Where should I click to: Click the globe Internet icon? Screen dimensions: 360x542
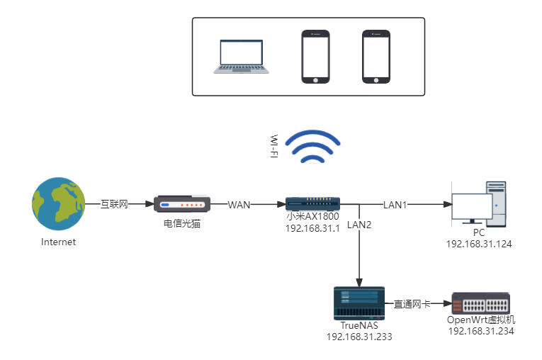click(x=58, y=204)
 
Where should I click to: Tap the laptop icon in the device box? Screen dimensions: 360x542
click(x=242, y=57)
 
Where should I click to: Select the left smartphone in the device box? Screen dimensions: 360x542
click(x=315, y=57)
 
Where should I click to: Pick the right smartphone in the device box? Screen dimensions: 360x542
click(x=376, y=57)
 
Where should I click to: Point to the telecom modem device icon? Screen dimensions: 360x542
click(x=182, y=205)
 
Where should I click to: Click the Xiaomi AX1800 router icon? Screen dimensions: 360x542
click(x=312, y=204)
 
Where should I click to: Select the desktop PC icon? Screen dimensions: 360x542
click(x=480, y=204)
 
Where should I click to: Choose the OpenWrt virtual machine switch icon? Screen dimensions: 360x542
click(x=480, y=303)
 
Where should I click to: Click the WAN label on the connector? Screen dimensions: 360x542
click(x=239, y=205)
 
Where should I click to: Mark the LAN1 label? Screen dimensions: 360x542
click(x=396, y=205)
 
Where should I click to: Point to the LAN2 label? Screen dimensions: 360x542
click(x=360, y=225)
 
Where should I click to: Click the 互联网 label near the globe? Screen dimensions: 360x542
click(x=113, y=204)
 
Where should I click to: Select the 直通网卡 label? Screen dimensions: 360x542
click(x=412, y=304)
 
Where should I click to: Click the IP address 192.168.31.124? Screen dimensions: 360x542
click(x=479, y=244)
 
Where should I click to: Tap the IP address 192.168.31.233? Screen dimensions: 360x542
click(x=358, y=337)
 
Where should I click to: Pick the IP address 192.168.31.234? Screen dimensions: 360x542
click(x=480, y=331)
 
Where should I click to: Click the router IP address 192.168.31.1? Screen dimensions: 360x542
click(x=312, y=228)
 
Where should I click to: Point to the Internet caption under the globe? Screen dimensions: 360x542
click(x=58, y=242)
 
